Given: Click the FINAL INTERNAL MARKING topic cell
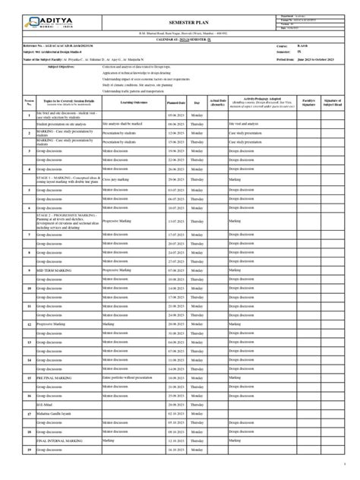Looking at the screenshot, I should pyautogui.click(x=57, y=440).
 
